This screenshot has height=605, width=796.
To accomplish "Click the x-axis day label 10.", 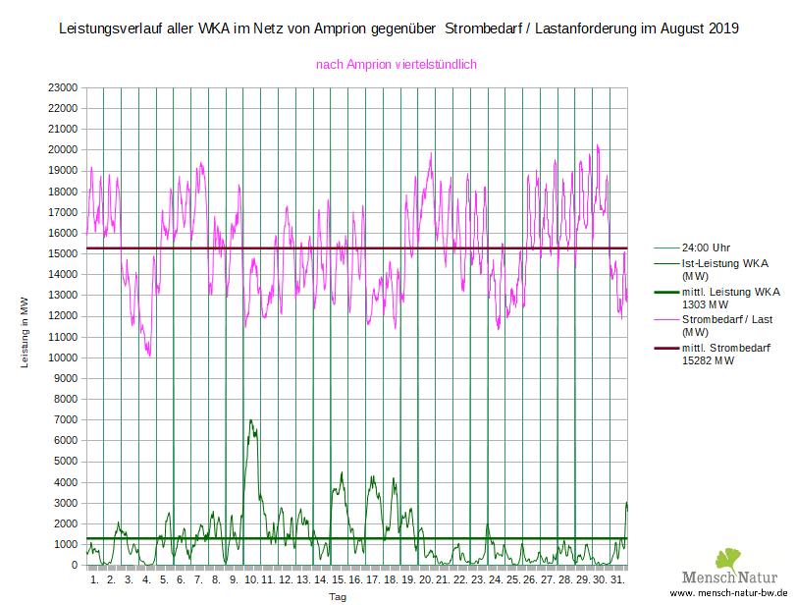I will pyautogui.click(x=250, y=580).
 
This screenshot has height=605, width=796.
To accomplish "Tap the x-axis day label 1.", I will pyautogui.click(x=93, y=580).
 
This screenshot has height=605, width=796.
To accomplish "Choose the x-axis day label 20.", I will pyautogui.click(x=425, y=580).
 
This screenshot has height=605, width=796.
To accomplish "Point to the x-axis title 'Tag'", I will pyautogui.click(x=337, y=596).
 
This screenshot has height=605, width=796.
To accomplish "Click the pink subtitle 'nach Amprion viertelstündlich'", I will pyautogui.click(x=396, y=65).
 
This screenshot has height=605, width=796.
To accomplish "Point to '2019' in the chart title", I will pyautogui.click(x=721, y=28).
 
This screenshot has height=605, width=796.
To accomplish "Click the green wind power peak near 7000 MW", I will pyautogui.click(x=251, y=421).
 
